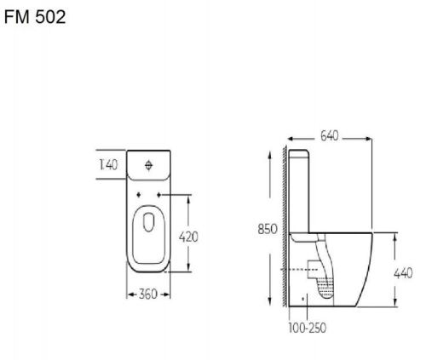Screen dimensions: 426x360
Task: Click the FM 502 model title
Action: (35, 17)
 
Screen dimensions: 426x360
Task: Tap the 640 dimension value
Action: (330, 136)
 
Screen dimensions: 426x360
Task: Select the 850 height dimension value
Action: (268, 229)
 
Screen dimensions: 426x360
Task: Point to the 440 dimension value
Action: (403, 273)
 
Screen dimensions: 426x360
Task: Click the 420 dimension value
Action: (188, 237)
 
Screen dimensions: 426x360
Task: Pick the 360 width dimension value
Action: (148, 294)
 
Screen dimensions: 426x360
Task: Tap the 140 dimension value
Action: (108, 165)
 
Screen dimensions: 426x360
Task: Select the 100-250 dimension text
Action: (308, 328)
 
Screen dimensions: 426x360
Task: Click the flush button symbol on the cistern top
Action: (149, 165)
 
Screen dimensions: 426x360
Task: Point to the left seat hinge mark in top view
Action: (139, 195)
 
